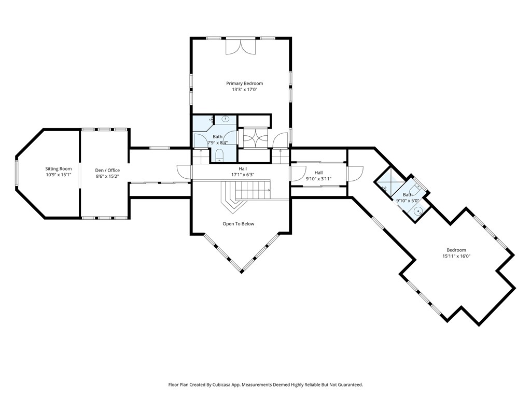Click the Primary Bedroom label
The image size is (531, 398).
point(245,83)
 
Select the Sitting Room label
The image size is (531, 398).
point(59,168)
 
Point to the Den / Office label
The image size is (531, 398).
point(107,170)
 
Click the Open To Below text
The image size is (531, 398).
point(239,224)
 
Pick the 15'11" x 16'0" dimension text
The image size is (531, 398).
point(456,256)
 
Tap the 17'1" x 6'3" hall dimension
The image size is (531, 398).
point(243,175)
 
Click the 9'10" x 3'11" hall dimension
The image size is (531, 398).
point(318,179)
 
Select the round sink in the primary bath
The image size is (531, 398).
point(226,119)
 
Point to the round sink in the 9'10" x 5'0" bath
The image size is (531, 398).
point(418,211)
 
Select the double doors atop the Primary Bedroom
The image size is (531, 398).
point(241,47)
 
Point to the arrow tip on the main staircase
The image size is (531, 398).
point(270,190)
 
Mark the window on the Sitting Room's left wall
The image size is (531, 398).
point(16,173)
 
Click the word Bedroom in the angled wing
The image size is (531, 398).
point(456,250)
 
